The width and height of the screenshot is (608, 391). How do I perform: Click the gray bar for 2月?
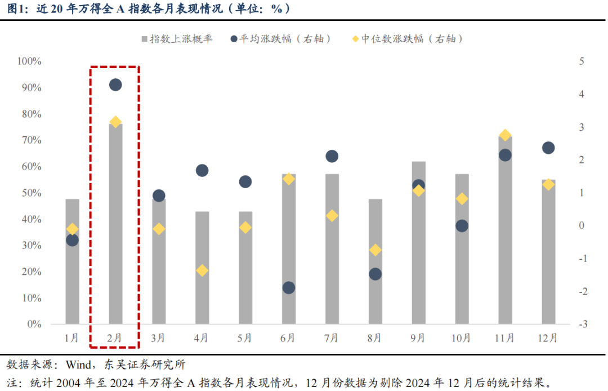click(x=115, y=225)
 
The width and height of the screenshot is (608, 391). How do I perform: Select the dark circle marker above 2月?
click(x=115, y=85)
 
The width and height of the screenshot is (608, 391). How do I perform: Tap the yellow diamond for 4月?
click(x=202, y=270)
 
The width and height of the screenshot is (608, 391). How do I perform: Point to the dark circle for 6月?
click(x=289, y=288)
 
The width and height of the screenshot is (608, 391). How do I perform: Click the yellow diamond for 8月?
click(x=375, y=250)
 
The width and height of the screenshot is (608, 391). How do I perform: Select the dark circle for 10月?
click(x=462, y=226)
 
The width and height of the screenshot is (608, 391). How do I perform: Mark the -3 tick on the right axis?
click(x=583, y=324)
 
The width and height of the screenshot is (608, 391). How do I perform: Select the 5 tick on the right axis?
click(x=581, y=61)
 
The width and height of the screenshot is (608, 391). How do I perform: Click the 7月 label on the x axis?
click(x=331, y=338)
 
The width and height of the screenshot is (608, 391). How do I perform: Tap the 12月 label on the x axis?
click(x=548, y=338)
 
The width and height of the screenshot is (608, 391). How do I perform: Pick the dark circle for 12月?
click(x=548, y=148)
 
